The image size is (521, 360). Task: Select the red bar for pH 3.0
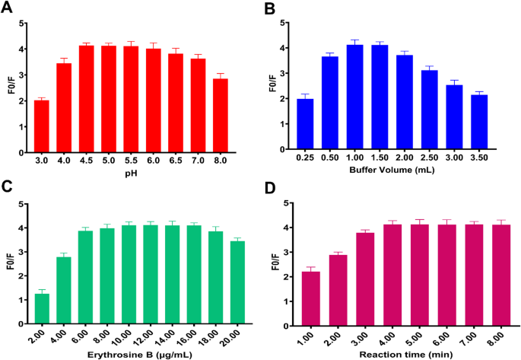point(41,126)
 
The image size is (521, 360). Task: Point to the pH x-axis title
point(130,174)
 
